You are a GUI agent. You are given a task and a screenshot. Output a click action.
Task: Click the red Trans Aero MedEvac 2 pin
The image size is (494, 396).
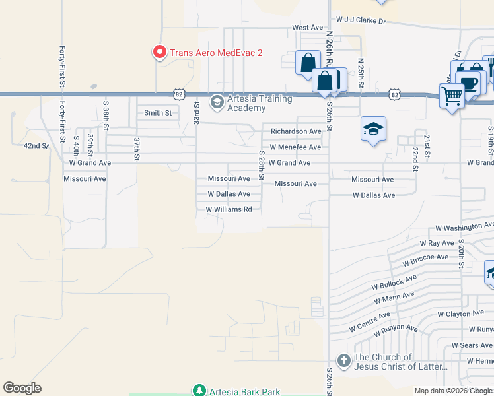point(159,51)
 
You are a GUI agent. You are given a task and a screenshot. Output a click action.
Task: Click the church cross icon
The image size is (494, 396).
point(343,361)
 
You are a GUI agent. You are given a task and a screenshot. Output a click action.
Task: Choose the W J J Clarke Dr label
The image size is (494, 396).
point(361,21)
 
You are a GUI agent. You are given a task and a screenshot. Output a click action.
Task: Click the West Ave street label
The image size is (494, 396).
point(308,28)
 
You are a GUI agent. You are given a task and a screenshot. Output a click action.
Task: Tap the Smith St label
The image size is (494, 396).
point(158,113)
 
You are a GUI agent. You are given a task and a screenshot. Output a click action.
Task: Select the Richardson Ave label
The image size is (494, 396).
point(296,131)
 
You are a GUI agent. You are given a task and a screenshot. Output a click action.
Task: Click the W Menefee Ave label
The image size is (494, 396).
point(295,147)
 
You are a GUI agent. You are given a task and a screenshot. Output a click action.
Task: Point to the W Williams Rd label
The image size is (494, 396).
point(229,209)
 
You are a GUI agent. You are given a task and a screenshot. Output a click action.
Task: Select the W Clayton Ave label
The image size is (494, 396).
point(461,314)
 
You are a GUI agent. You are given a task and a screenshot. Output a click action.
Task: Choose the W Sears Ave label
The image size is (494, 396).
point(472,345)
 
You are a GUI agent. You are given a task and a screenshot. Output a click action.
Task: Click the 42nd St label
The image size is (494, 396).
point(36,145)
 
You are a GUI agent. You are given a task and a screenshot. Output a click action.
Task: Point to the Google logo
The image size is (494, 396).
point(22,388)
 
